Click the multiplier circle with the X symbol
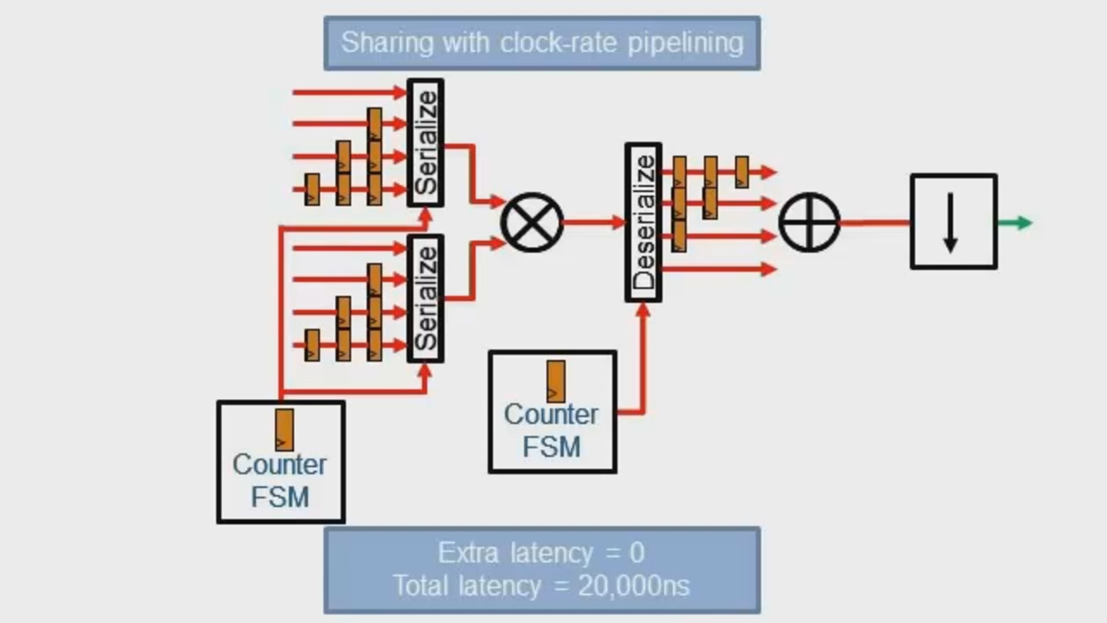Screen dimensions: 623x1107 532,222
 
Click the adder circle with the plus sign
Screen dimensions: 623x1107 809,222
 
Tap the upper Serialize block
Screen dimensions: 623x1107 426,144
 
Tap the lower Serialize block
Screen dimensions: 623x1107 426,299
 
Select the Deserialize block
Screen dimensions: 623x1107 643,222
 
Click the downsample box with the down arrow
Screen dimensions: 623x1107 953,222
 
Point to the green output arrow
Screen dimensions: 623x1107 1015,222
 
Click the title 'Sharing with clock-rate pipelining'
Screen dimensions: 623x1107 542,42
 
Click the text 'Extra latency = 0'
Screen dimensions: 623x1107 541,553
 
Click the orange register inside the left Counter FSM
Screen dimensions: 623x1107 285,429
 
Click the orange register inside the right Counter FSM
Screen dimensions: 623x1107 556,381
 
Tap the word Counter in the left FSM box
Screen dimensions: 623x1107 279,465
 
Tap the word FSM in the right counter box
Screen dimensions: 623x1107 551,447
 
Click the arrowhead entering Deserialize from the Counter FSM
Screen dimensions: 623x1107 643,310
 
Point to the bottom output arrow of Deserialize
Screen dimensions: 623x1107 718,269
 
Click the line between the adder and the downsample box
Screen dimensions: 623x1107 874,222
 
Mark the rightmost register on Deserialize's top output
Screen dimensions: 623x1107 742,171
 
